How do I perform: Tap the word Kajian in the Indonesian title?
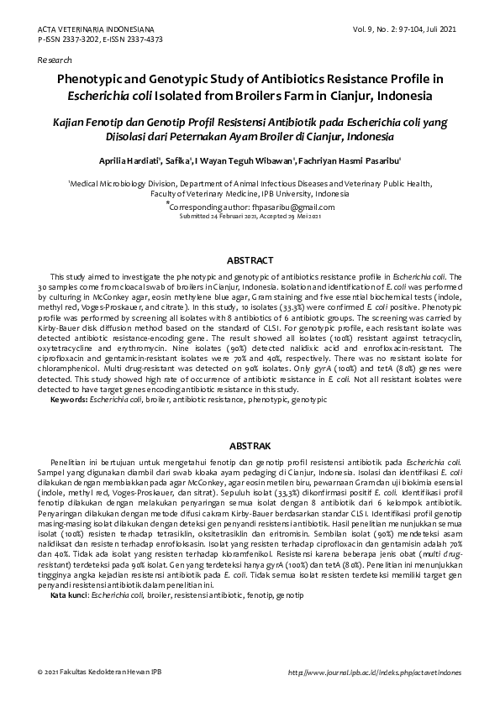point(74,121)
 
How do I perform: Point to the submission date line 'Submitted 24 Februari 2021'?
point(218,216)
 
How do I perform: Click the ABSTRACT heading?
point(249,260)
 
